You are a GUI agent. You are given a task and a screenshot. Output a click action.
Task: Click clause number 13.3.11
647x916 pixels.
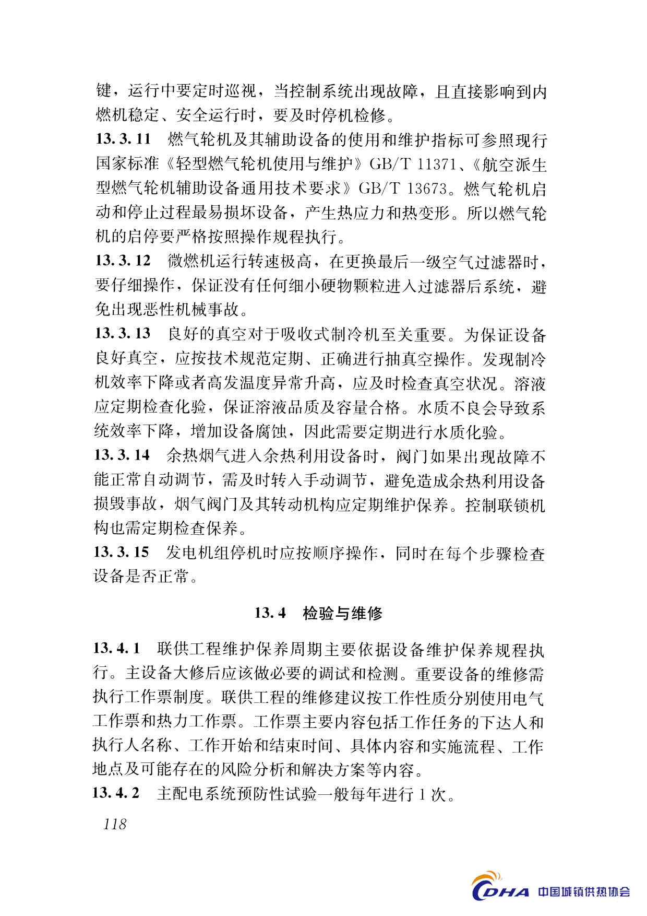point(123,139)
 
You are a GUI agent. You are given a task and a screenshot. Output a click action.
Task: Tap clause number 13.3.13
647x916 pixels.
point(123,333)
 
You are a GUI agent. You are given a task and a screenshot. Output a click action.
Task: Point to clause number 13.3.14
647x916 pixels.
point(122,455)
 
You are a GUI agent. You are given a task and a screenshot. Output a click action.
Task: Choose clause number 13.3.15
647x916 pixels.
point(122,552)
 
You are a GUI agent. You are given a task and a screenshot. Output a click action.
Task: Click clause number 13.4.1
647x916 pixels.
point(117,649)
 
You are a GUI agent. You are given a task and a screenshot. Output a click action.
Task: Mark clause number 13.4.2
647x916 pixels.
point(116,793)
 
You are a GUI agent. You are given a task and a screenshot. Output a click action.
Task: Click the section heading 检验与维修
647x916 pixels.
point(343,613)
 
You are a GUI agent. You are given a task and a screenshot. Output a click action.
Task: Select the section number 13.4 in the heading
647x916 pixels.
point(270,613)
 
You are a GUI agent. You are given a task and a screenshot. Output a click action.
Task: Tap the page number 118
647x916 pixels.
point(115,824)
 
